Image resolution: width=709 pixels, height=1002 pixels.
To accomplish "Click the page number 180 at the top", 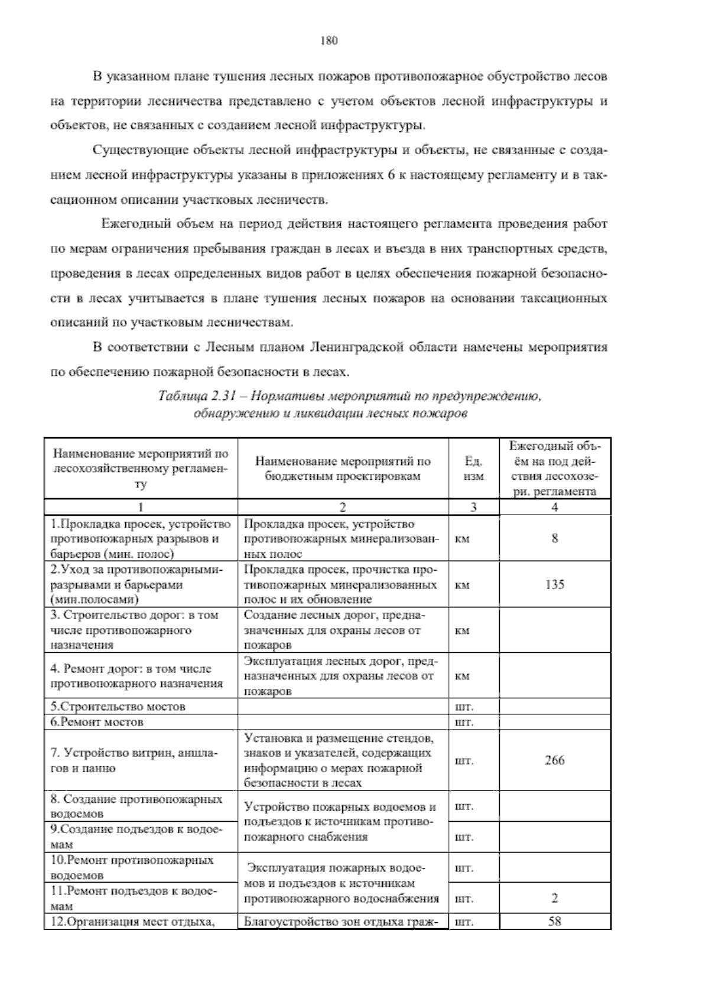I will [x=328, y=41].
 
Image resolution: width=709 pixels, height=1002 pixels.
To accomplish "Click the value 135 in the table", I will [x=554, y=584].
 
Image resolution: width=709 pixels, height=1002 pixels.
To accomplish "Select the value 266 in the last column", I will [x=554, y=760].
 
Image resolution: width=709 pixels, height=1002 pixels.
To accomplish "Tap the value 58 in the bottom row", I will [x=554, y=921].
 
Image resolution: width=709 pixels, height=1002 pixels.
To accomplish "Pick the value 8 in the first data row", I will [x=554, y=538].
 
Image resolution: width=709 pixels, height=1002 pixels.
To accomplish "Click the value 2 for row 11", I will [x=554, y=899].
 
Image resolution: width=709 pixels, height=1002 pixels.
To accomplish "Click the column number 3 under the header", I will [x=474, y=507].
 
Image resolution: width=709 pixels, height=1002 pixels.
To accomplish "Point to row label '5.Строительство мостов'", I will [x=118, y=707].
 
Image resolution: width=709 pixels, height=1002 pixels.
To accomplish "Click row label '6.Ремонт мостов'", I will [x=97, y=722].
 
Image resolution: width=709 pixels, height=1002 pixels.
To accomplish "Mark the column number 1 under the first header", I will [x=140, y=507].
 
